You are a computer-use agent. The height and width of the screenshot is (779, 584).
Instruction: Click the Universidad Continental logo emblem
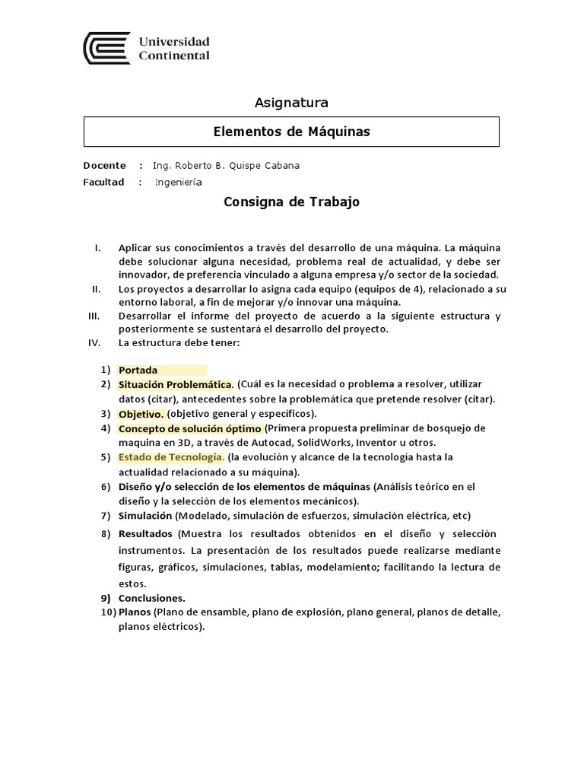pyautogui.click(x=106, y=48)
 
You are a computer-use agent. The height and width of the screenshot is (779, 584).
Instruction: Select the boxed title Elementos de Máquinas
pyautogui.click(x=290, y=132)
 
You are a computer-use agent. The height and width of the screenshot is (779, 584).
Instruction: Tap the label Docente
pyautogui.click(x=104, y=165)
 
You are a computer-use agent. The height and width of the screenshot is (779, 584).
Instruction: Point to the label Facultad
pyautogui.click(x=103, y=183)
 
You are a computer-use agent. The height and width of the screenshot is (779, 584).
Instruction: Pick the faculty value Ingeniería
pyautogui.click(x=179, y=183)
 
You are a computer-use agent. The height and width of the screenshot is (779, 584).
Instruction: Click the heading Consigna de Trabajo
pyautogui.click(x=290, y=202)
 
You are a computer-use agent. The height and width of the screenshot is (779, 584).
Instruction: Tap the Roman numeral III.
pyautogui.click(x=94, y=316)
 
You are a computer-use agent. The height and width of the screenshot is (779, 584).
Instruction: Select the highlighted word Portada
pyautogui.click(x=138, y=370)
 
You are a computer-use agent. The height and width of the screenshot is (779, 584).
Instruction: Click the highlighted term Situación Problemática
pyautogui.click(x=176, y=385)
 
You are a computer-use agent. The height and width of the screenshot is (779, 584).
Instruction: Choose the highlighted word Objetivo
pyautogui.click(x=141, y=414)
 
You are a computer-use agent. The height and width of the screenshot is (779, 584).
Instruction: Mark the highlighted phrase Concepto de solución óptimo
pyautogui.click(x=189, y=428)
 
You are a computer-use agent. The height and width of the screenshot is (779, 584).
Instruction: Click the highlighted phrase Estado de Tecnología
pyautogui.click(x=170, y=457)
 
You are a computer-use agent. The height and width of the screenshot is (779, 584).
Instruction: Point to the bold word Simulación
pyautogui.click(x=145, y=516)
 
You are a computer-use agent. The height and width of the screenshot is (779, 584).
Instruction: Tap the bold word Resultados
pyautogui.click(x=146, y=534)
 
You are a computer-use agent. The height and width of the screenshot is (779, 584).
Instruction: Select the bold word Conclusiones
pyautogui.click(x=151, y=598)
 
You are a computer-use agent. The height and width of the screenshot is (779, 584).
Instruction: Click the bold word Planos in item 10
pyautogui.click(x=135, y=612)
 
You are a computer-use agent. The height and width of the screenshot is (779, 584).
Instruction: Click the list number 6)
pyautogui.click(x=106, y=487)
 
